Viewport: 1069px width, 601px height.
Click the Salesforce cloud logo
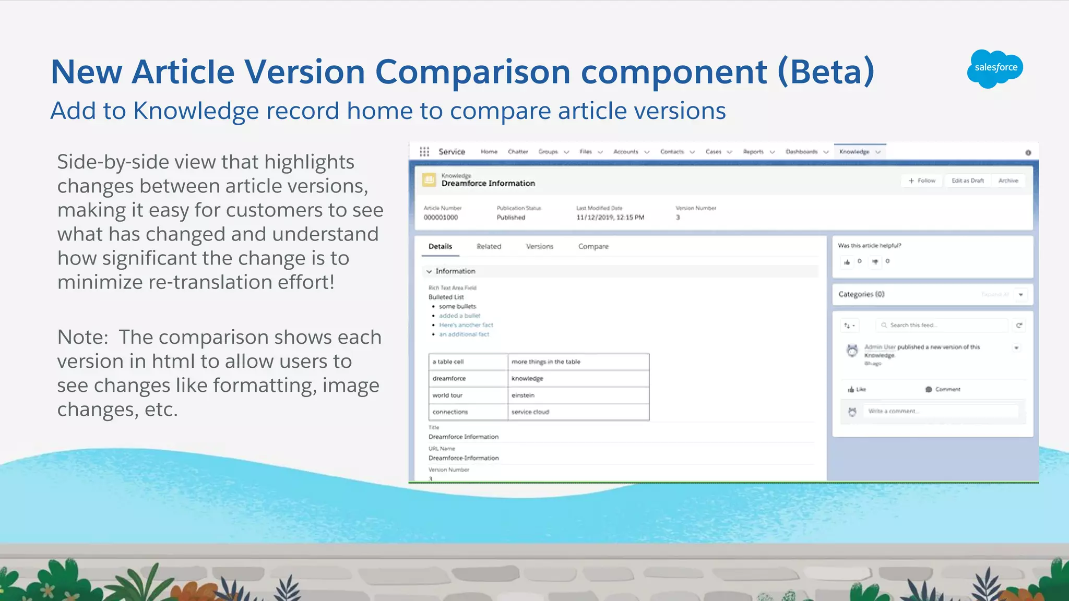(x=995, y=68)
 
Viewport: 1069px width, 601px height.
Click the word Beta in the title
(x=825, y=71)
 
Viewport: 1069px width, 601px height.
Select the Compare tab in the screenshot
(x=593, y=246)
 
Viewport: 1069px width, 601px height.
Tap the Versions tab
(x=539, y=246)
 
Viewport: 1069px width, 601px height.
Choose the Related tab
(x=489, y=246)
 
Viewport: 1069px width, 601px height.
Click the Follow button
(x=922, y=181)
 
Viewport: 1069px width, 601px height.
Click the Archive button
(x=1008, y=181)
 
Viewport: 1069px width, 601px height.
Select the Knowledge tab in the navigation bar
(x=854, y=152)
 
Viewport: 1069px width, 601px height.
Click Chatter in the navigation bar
(x=518, y=152)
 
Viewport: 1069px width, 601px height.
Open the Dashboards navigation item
(x=802, y=152)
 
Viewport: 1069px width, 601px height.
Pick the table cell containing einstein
(x=578, y=395)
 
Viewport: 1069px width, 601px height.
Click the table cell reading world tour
(x=468, y=395)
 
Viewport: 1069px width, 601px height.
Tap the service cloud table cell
(x=578, y=412)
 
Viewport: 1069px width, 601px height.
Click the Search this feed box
(x=941, y=325)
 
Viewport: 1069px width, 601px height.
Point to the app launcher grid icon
(x=424, y=152)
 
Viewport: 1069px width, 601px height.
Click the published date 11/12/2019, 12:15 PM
(x=610, y=218)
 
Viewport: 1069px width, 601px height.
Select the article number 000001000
(x=441, y=218)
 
